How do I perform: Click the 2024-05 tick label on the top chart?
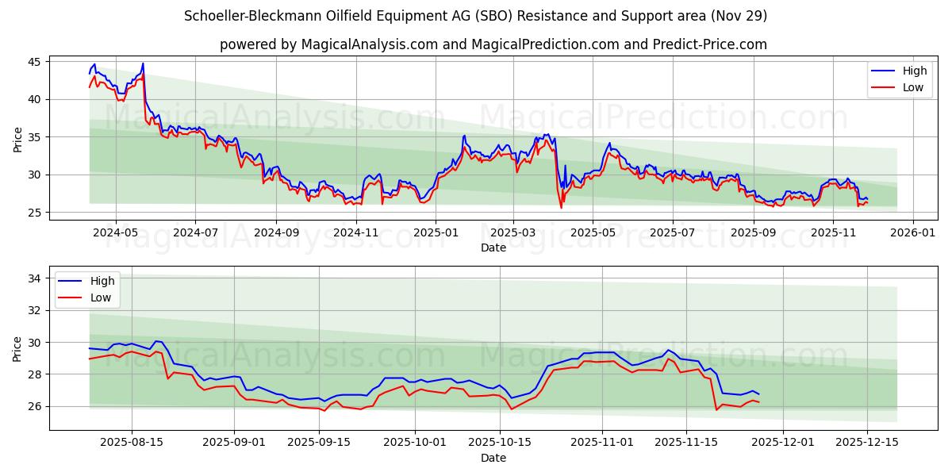coord(116,232)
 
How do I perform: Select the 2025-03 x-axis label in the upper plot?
coord(513,232)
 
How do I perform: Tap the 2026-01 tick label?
coord(912,232)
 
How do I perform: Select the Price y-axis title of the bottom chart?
coord(18,348)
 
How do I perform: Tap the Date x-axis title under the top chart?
coord(493,248)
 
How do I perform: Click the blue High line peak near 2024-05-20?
coord(143,63)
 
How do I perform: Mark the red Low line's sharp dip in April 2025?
coord(561,208)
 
